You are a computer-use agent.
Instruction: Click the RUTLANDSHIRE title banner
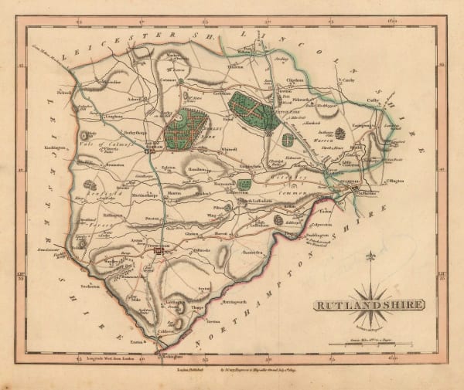point(368,304)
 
